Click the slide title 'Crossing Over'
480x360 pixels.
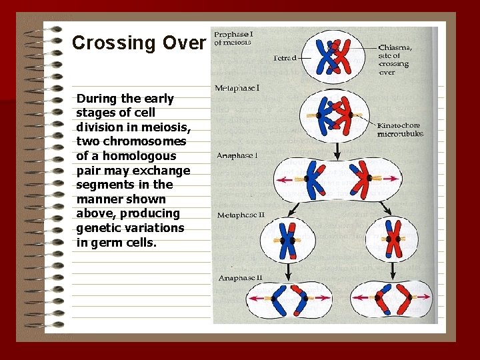point(139,43)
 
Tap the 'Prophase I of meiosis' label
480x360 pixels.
point(233,37)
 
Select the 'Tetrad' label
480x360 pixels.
point(285,58)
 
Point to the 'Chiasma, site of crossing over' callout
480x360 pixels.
point(395,60)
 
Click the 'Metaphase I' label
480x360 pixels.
point(237,88)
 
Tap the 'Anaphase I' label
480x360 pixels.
point(237,155)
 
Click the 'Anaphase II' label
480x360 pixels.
point(239,277)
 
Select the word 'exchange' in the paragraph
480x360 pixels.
point(163,171)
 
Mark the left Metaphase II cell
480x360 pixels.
point(287,239)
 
